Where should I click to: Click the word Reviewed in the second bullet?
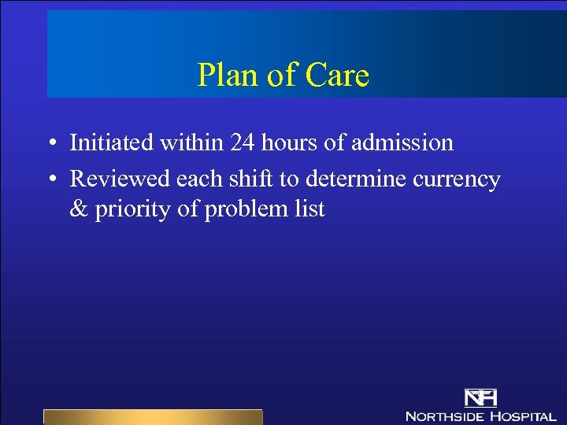coord(120,179)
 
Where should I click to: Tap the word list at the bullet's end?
coord(309,210)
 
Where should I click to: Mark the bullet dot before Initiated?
coord(50,143)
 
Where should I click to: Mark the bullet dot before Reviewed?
coord(50,179)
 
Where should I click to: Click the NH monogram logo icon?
coord(480,397)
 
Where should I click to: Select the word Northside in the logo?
coord(445,416)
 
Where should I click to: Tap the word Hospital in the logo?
coord(523,416)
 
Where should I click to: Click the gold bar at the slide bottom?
coord(152,417)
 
